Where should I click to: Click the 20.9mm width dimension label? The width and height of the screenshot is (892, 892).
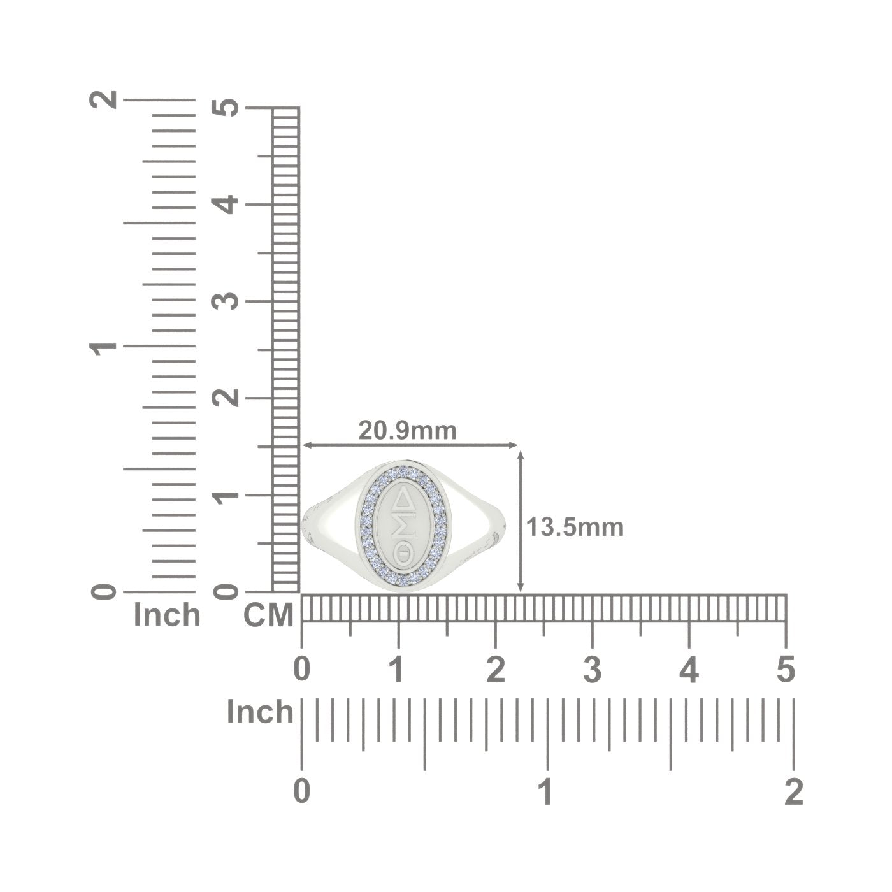pyautogui.click(x=407, y=431)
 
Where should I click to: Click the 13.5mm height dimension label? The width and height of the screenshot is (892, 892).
pyautogui.click(x=575, y=528)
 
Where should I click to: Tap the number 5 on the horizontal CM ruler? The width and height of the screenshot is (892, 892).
pyautogui.click(x=786, y=670)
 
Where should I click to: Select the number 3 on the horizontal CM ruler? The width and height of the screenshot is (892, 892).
pyautogui.click(x=592, y=670)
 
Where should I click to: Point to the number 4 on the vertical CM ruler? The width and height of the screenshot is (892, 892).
pyautogui.click(x=225, y=205)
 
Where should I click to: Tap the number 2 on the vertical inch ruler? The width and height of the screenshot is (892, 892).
pyautogui.click(x=103, y=99)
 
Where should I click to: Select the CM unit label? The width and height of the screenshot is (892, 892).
pyautogui.click(x=268, y=615)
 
